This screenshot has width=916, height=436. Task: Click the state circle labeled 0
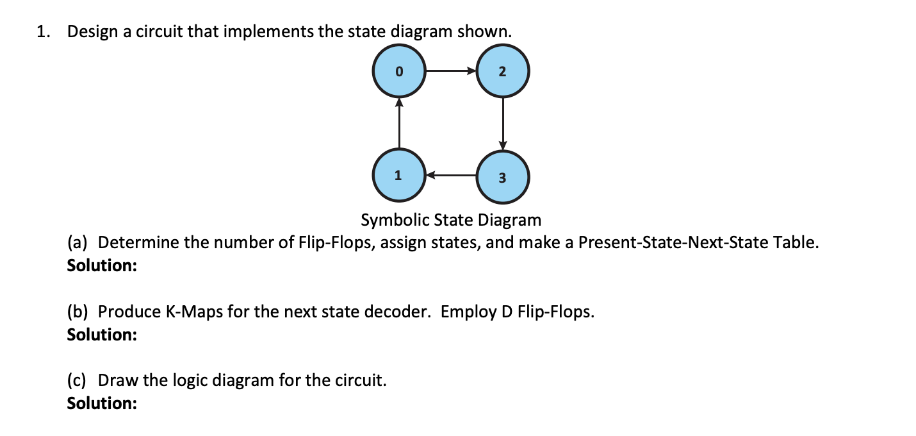tap(398, 71)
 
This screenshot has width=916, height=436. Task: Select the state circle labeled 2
tap(502, 71)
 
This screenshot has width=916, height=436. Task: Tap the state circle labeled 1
tap(398, 174)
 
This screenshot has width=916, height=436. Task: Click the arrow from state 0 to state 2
tap(450, 71)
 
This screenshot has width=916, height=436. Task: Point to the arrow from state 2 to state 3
tap(502, 123)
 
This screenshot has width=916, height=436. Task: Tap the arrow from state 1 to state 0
tap(398, 123)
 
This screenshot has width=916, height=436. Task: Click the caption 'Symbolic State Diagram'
tap(451, 221)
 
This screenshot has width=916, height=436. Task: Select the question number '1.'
tap(44, 33)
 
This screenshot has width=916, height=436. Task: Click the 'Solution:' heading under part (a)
tap(101, 265)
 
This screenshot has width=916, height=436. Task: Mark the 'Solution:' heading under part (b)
tap(101, 334)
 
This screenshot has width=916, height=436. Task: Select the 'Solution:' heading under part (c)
tap(101, 403)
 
